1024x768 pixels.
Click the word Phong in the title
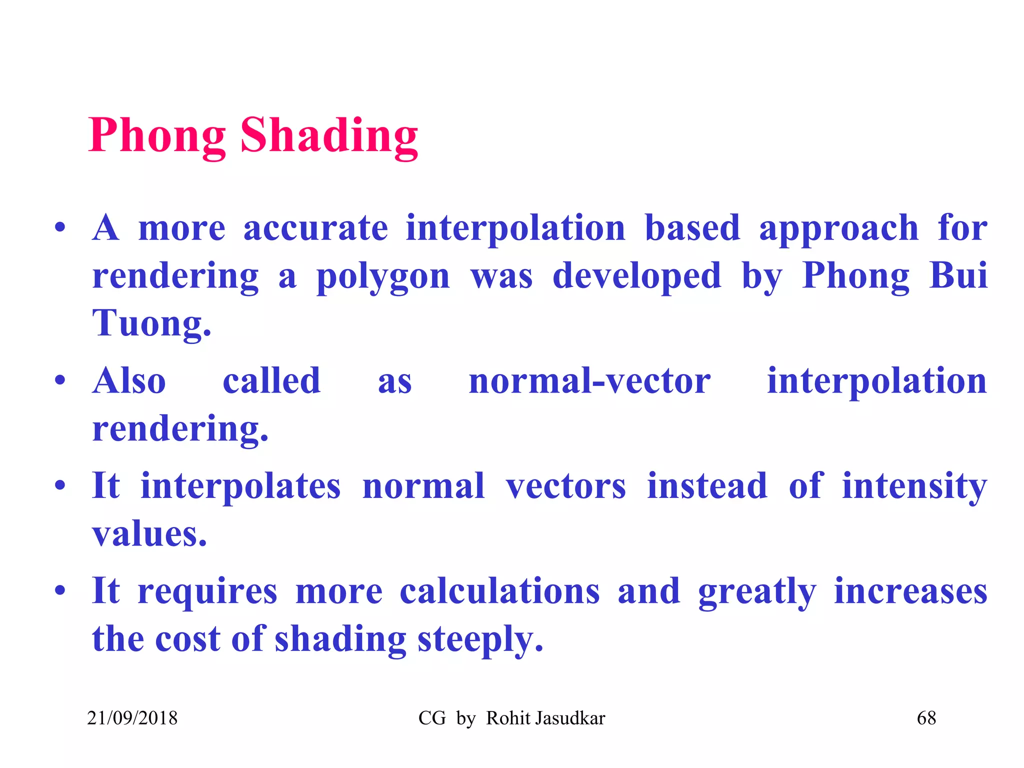(x=156, y=136)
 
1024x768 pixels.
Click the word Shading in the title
(x=329, y=136)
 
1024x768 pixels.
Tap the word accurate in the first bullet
(x=315, y=228)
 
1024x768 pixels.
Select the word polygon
(x=383, y=276)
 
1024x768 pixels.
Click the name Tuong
(x=151, y=323)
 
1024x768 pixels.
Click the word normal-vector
(x=589, y=381)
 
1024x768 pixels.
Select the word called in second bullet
(x=271, y=381)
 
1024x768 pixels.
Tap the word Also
(x=129, y=381)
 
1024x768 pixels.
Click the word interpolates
(x=240, y=486)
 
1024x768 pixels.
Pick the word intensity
(x=914, y=486)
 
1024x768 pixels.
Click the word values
(x=149, y=534)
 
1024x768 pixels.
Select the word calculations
(x=499, y=591)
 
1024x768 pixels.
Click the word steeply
(x=480, y=640)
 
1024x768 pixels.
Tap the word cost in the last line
(x=187, y=640)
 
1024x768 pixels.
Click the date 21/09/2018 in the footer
(x=132, y=718)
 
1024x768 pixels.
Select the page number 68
(x=926, y=718)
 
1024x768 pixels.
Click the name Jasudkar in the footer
(x=569, y=718)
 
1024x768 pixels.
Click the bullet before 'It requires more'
(x=60, y=590)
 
